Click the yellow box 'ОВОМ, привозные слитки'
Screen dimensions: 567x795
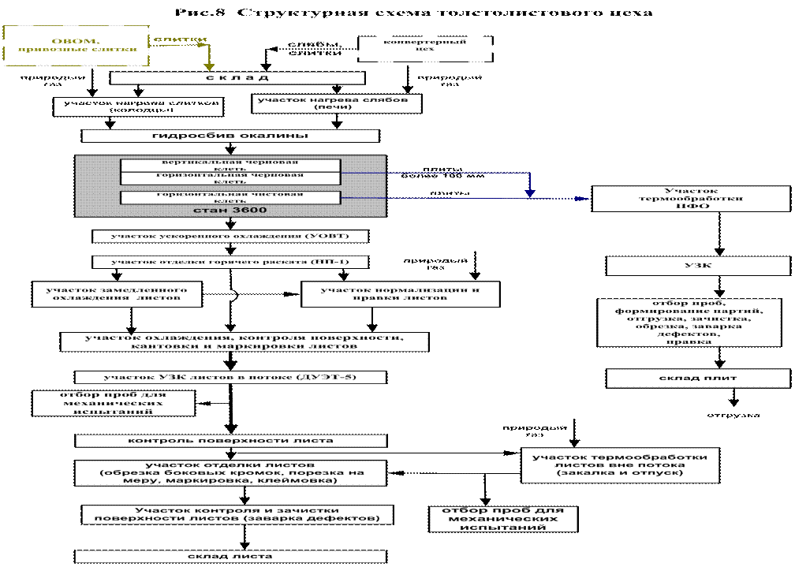[76, 44]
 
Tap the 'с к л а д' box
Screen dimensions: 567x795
[237, 78]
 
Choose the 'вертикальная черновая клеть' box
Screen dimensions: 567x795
[230, 165]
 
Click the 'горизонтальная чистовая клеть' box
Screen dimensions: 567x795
[230, 197]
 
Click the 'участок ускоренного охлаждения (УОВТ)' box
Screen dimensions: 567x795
[230, 236]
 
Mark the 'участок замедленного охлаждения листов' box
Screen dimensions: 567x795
[117, 293]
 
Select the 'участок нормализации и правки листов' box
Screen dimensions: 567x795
[401, 293]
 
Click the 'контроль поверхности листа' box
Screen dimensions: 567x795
[232, 440]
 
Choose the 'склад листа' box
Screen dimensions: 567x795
[230, 556]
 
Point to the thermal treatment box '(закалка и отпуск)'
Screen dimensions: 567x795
[620, 465]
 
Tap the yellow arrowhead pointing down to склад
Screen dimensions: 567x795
[208, 66]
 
